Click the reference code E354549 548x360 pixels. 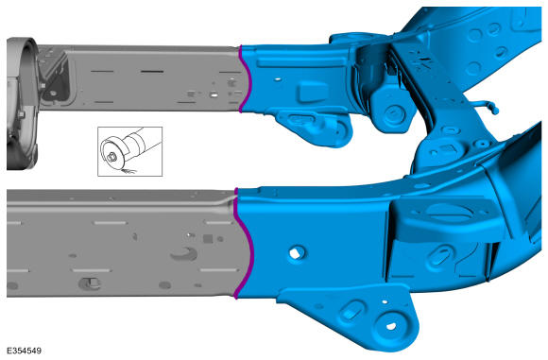coord(25,351)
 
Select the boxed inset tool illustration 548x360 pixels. coord(130,151)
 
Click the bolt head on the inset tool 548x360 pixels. coord(111,158)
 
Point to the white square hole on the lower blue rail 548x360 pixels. coord(296,253)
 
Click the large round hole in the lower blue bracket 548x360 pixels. coord(391,326)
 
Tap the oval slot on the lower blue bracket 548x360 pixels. coord(351,311)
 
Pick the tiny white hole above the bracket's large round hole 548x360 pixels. coord(385,301)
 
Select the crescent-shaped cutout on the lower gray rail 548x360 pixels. coord(185,254)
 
